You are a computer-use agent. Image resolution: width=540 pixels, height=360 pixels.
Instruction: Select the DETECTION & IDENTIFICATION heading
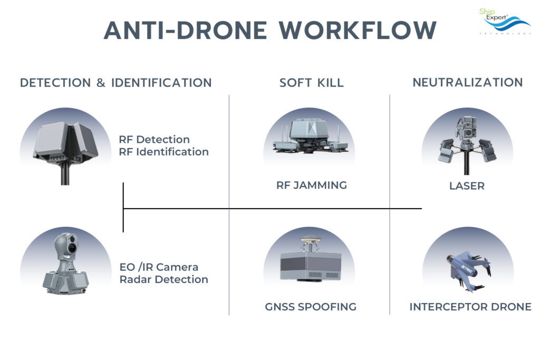click(x=115, y=83)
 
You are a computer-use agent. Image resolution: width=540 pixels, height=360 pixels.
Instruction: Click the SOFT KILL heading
click(x=311, y=83)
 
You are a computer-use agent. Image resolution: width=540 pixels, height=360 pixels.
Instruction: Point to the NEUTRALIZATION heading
click(x=467, y=82)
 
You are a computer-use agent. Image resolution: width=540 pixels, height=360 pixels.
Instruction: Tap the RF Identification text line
click(x=163, y=152)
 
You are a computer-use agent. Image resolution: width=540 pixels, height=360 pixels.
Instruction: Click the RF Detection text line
click(x=154, y=140)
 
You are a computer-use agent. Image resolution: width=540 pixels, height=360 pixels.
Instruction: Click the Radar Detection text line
click(x=163, y=279)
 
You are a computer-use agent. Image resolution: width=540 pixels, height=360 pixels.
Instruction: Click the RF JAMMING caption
click(x=311, y=186)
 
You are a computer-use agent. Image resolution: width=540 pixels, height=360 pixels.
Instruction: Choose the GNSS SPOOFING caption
click(x=311, y=307)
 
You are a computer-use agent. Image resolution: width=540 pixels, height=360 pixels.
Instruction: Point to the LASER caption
click(x=467, y=186)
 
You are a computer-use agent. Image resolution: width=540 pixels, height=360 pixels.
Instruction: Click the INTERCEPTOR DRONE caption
click(x=470, y=307)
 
